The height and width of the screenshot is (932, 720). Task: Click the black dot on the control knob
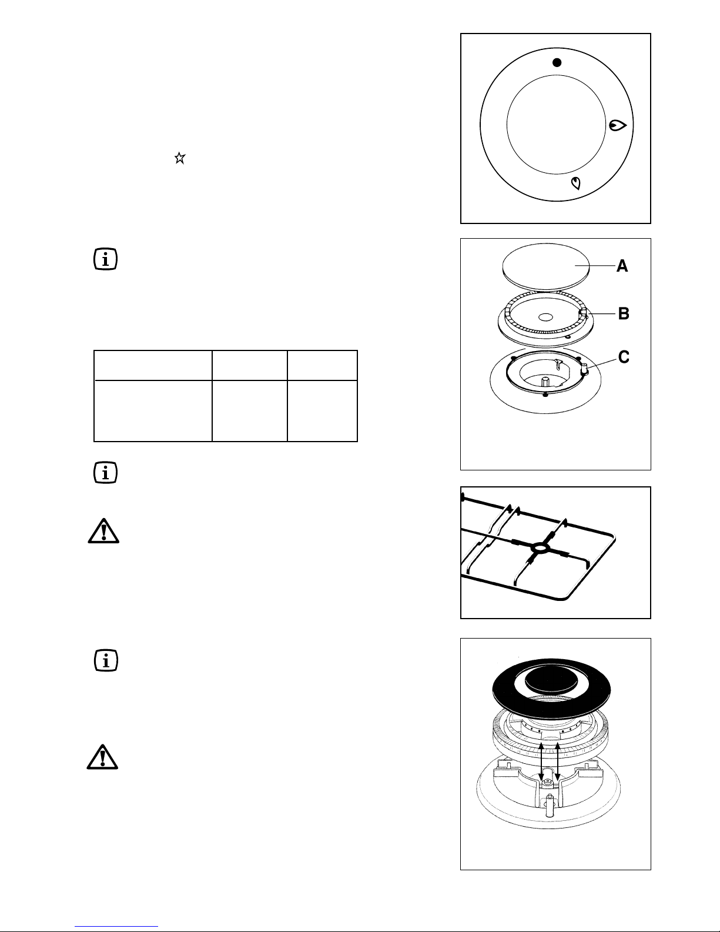(x=557, y=62)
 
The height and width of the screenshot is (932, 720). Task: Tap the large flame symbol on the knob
(x=618, y=125)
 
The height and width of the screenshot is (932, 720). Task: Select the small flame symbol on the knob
(x=576, y=183)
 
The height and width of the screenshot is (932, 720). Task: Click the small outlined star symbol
(x=180, y=158)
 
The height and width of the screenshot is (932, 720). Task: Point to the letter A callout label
(x=622, y=266)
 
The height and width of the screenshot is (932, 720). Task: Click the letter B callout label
(x=624, y=313)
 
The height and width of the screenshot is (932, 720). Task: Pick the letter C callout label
(x=624, y=357)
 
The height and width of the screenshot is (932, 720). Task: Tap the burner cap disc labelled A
(x=545, y=266)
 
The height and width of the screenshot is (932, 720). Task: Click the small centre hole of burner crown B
(x=545, y=317)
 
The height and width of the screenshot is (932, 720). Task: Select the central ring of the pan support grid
(x=539, y=547)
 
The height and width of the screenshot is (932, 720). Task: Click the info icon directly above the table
(x=105, y=259)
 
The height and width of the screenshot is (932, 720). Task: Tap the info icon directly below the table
(x=105, y=473)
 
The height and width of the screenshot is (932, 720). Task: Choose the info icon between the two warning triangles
(x=106, y=660)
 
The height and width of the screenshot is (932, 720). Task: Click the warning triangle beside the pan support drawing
(x=103, y=532)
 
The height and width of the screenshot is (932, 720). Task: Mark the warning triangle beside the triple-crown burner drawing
(x=102, y=757)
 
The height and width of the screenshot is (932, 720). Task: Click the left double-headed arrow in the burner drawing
(x=541, y=762)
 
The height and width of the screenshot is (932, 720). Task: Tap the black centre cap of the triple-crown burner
(x=551, y=680)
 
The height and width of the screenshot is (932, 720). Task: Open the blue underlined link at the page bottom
(x=116, y=927)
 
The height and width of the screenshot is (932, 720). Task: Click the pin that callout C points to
(x=584, y=369)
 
